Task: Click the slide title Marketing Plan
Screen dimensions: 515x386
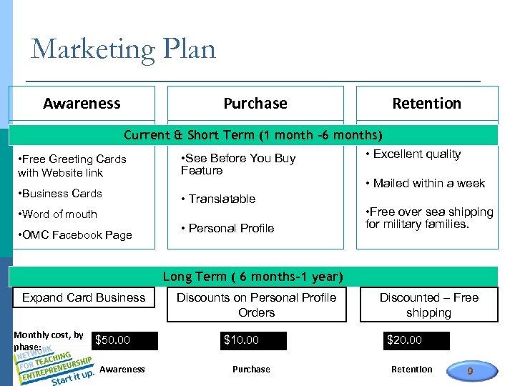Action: coord(123,49)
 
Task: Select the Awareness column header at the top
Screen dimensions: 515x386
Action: coord(82,104)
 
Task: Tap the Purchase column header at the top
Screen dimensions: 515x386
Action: coord(255,104)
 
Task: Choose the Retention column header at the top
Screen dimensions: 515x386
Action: coord(426,104)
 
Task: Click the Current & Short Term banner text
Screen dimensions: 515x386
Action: coord(253,135)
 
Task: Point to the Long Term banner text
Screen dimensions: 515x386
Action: coord(253,277)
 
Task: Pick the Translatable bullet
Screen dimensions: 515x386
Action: coord(219,199)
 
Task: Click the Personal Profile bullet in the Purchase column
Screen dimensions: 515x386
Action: coord(228,229)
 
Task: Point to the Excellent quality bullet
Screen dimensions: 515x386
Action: coord(414,154)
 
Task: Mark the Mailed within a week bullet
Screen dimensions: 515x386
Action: coord(426,184)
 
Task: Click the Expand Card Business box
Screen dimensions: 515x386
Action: coord(84,298)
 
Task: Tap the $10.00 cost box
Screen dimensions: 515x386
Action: coord(254,341)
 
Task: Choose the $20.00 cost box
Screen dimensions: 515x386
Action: coord(416,341)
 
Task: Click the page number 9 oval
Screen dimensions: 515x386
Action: coord(470,370)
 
